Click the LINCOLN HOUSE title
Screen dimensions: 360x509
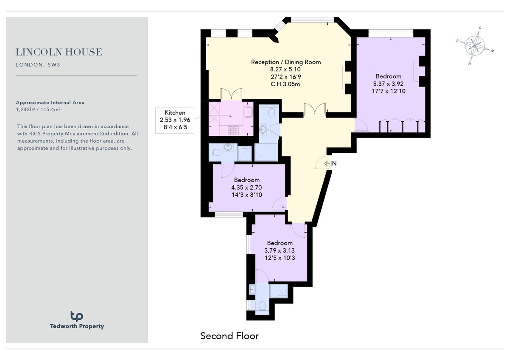(x=59, y=52)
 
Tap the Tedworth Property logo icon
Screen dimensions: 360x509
(x=77, y=316)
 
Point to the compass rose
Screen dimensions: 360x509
(x=475, y=45)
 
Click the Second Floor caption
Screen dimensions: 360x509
(x=229, y=336)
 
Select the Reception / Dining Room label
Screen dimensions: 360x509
(x=286, y=62)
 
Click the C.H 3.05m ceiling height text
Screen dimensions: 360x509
(x=285, y=84)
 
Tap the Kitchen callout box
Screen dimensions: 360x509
(x=175, y=120)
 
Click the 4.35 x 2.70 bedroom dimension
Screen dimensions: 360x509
(x=246, y=187)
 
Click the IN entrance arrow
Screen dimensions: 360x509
(x=330, y=163)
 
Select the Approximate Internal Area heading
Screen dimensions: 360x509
(x=50, y=102)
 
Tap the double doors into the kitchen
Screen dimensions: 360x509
(x=231, y=94)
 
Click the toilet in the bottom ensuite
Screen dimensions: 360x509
(x=262, y=305)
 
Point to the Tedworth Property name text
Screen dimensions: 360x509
(x=77, y=326)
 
